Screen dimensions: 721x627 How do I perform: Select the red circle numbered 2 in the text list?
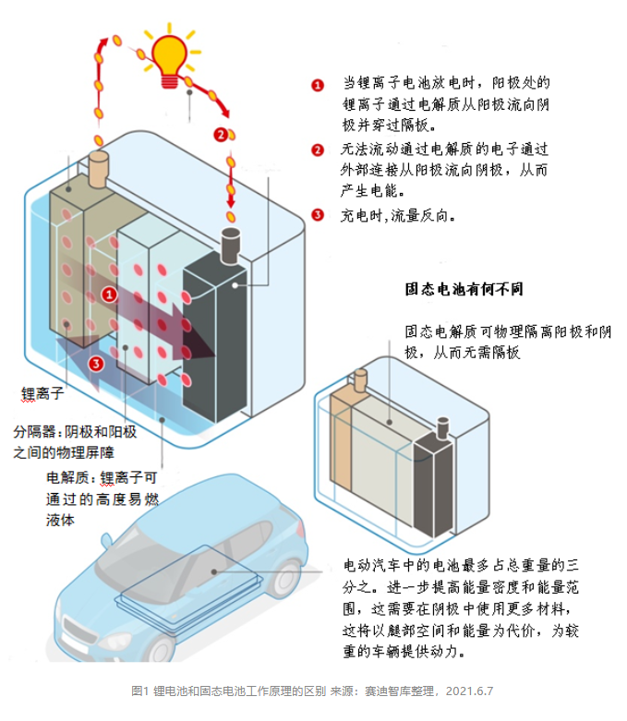pos(318,150)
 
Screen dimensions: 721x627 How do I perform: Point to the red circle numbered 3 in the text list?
pos(318,215)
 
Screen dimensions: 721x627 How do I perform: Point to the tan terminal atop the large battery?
pos(98,167)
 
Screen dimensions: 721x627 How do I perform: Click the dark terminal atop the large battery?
pos(228,244)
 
